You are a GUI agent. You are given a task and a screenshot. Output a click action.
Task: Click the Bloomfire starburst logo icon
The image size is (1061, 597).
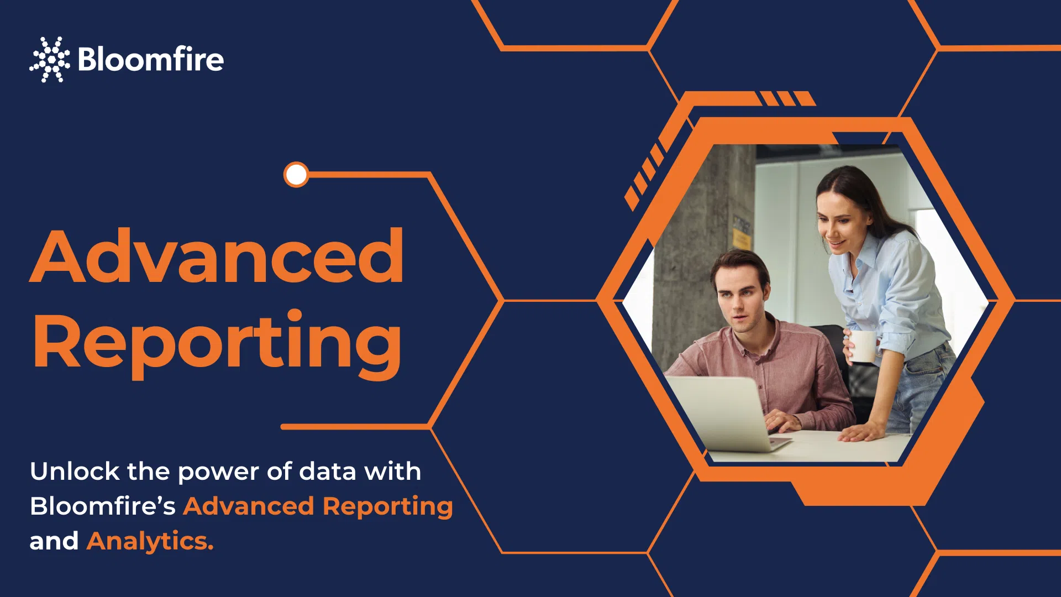tap(50, 59)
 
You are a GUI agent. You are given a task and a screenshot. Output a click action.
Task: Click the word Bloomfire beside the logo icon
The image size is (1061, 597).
tap(151, 59)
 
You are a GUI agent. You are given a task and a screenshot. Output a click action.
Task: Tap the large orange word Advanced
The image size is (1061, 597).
tap(217, 256)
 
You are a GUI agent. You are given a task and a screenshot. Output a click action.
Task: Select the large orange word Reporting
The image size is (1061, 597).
tap(217, 343)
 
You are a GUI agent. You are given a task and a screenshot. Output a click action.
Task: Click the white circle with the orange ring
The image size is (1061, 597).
tap(296, 175)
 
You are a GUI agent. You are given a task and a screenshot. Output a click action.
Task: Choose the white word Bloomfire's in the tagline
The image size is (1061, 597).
tap(103, 506)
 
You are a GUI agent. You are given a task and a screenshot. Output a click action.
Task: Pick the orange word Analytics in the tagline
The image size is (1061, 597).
tap(150, 542)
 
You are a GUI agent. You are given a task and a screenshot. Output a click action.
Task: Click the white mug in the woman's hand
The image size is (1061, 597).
tap(862, 347)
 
